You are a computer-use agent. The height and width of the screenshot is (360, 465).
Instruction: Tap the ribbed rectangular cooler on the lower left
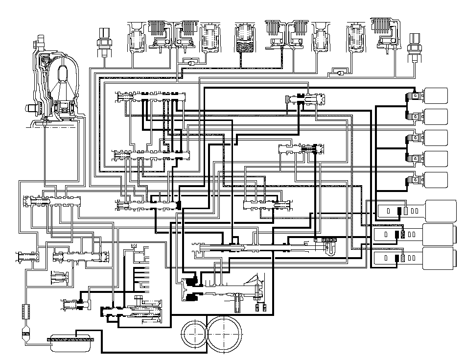pyautogui.click(x=25, y=311)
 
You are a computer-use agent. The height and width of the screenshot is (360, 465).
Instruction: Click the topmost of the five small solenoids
pyautogui.click(x=431, y=96)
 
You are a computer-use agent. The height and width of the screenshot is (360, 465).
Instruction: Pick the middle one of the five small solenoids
pyautogui.click(x=431, y=138)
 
